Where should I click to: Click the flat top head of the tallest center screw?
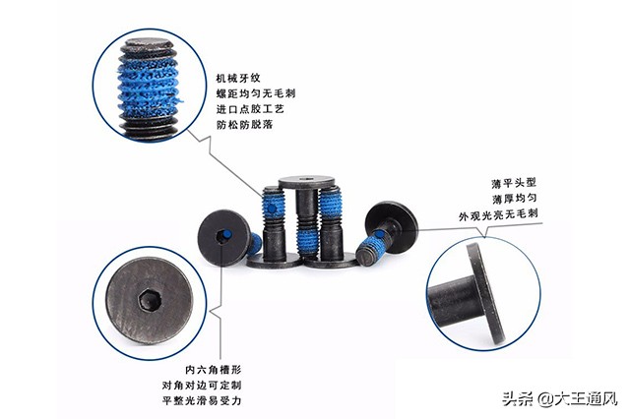tap(305, 182)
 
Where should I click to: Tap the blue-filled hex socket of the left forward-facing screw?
tap(222, 236)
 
